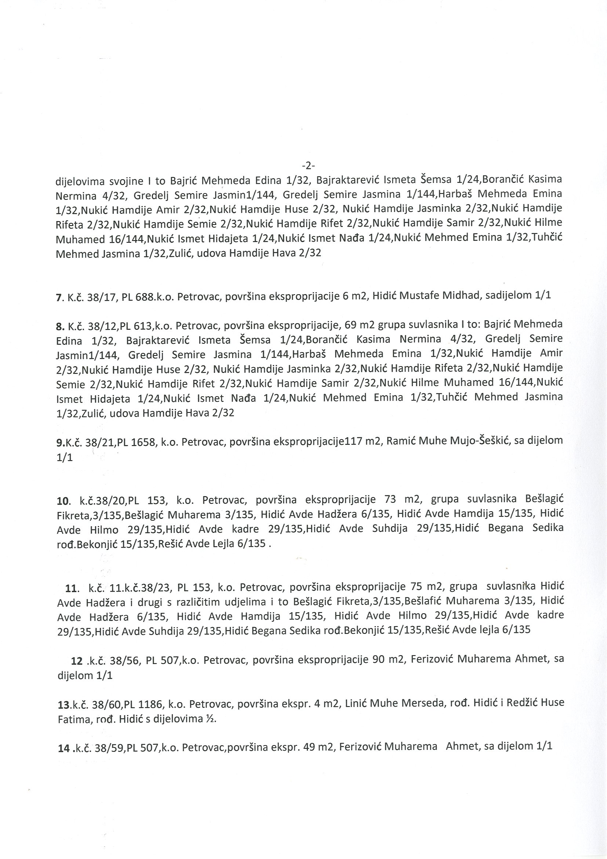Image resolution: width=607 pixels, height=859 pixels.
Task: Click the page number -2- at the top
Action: coord(308,165)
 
